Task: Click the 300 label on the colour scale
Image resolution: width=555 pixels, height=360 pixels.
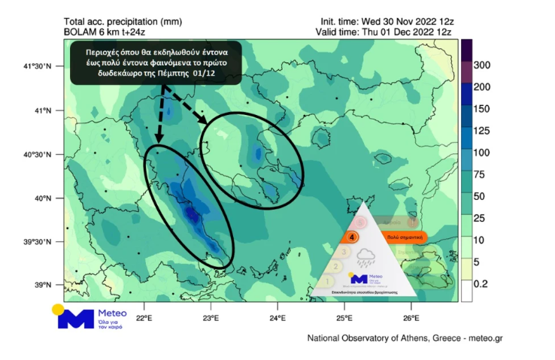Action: [483, 65]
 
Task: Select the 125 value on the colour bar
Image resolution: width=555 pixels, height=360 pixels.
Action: [482, 132]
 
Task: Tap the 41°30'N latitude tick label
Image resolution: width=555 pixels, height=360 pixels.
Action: [37, 67]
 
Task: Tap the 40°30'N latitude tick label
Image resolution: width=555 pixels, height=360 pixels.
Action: [37, 155]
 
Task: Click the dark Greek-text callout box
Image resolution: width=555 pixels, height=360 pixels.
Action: [156, 62]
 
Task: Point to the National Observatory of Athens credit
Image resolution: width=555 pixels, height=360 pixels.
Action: [405, 338]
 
